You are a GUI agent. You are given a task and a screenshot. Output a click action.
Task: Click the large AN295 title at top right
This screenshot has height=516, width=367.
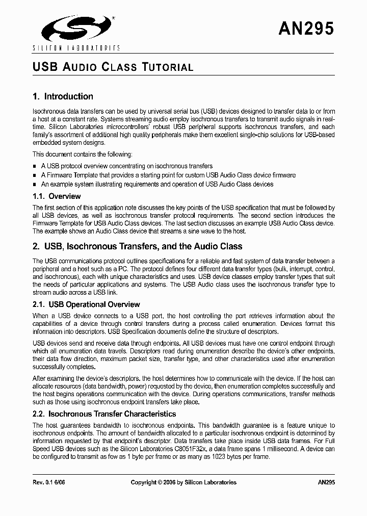[306, 29]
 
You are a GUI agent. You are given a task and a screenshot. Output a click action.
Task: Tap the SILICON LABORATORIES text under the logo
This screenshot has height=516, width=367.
[76, 48]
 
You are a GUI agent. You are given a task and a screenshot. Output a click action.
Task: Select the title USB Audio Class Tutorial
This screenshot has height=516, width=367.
[113, 67]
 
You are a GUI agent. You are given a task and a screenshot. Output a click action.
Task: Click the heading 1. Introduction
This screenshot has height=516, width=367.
[63, 96]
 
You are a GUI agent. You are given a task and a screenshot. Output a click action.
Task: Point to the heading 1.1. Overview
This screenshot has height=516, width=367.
[57, 196]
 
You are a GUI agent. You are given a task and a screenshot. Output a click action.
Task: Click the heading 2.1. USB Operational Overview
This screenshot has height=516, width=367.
[86, 304]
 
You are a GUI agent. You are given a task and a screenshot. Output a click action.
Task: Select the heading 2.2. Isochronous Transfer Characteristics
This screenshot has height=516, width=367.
[104, 414]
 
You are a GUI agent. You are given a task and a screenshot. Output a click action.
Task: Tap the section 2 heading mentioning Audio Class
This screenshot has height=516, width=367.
[137, 246]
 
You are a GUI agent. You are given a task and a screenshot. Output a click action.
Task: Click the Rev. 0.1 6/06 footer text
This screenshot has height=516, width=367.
[50, 482]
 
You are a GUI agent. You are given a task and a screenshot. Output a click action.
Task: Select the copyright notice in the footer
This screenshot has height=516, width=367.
[183, 482]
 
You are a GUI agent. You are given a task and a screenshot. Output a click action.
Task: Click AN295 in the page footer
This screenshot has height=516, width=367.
[326, 482]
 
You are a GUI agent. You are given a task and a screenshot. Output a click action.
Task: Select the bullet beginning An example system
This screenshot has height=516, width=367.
[157, 184]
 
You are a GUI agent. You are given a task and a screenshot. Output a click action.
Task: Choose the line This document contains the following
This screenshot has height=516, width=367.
[83, 154]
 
